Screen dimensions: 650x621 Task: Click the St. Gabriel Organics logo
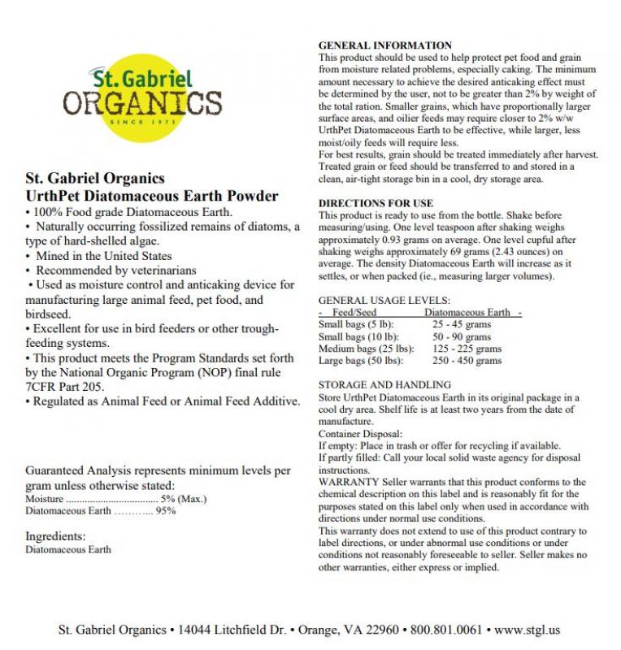pos(141,98)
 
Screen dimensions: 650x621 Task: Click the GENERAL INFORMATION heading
pos(384,45)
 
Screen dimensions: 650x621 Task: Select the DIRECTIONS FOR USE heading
pos(376,202)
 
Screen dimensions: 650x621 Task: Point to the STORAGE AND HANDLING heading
pos(384,384)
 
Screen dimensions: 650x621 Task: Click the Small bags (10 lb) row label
pos(355,336)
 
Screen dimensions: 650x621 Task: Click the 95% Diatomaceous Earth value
pos(166,510)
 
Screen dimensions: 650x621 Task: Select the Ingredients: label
pos(55,536)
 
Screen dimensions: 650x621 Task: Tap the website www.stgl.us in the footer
pos(528,630)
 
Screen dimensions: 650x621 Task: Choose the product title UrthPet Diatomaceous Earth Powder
pos(152,196)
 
